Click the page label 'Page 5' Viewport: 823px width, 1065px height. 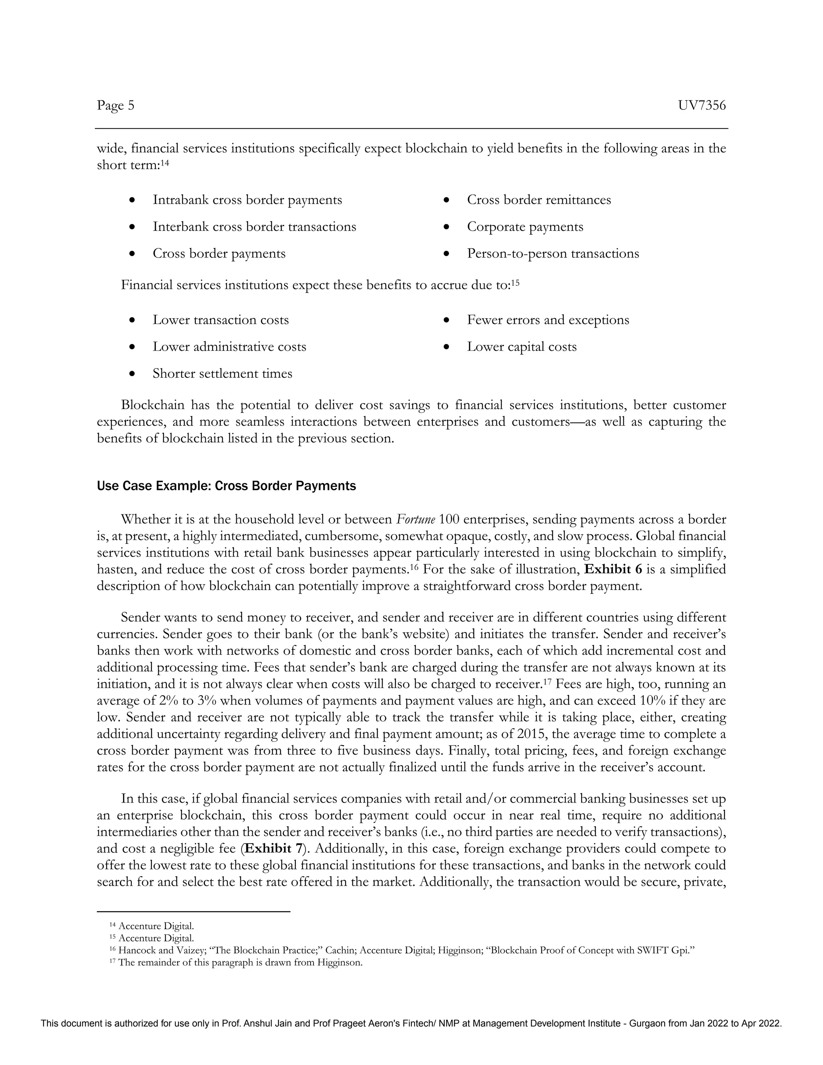coord(116,105)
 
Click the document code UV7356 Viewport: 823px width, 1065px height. coord(702,105)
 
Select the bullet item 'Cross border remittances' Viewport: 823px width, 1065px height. coord(539,200)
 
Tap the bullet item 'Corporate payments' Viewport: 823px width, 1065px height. coord(525,227)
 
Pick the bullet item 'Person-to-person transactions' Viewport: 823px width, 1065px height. coord(553,254)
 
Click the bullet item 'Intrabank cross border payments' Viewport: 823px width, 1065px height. coord(247,200)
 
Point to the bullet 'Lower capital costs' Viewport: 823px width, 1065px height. coord(522,347)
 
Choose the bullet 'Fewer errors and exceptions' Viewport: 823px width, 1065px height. coord(548,320)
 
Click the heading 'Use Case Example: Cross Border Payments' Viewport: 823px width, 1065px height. coord(226,486)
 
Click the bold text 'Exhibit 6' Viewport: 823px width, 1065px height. coord(613,569)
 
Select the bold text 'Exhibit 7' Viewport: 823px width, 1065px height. coord(274,848)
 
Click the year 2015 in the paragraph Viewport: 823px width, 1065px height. coord(530,734)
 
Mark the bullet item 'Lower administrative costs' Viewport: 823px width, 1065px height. coord(229,347)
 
